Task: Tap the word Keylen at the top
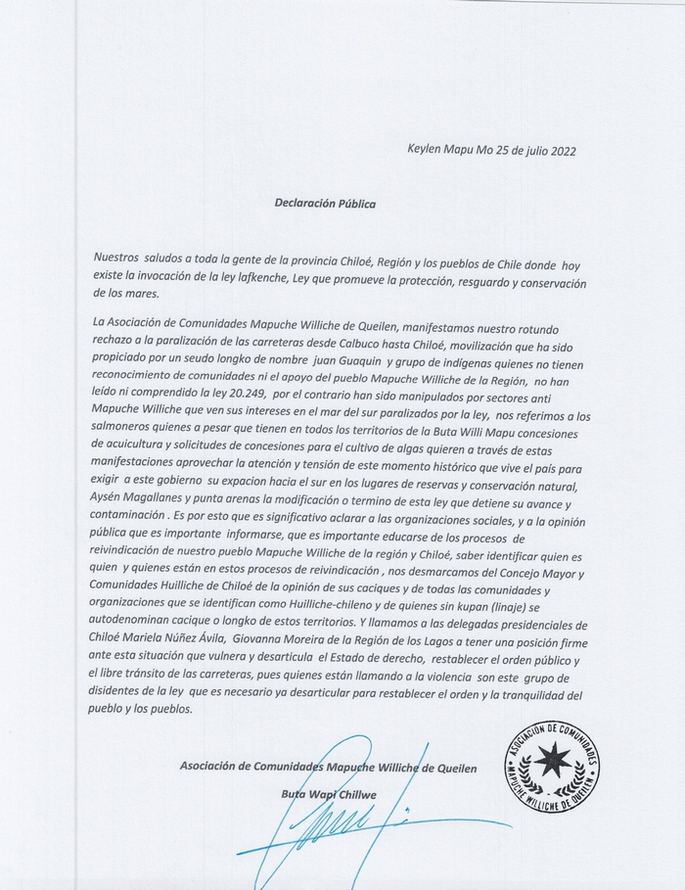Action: click(x=427, y=151)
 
